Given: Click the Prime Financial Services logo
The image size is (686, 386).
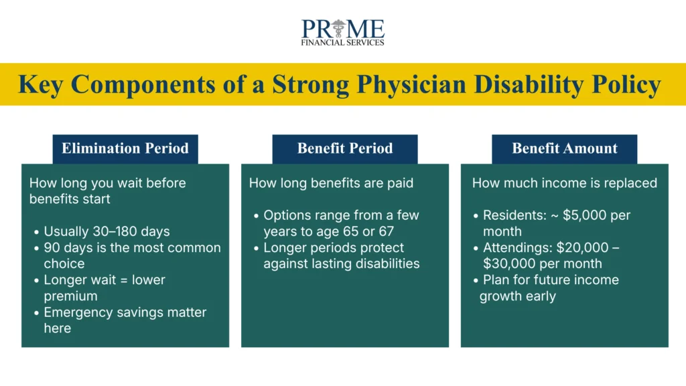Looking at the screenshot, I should [343, 32].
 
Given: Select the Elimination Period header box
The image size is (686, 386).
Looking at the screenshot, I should [125, 149].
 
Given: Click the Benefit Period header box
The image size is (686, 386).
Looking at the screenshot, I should [344, 149].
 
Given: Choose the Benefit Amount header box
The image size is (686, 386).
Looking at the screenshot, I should [564, 149].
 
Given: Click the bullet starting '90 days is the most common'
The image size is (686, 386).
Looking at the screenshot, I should [131, 255].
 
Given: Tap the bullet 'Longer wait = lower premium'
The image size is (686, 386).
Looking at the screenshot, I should [104, 287].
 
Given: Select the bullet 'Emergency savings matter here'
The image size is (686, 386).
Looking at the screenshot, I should [125, 320].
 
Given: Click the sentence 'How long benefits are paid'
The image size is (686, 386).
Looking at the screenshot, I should [331, 183].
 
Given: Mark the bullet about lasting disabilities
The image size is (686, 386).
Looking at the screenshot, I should [341, 255].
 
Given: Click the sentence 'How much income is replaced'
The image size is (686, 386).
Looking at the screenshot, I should [564, 183].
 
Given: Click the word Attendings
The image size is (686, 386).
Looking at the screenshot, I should [517, 248].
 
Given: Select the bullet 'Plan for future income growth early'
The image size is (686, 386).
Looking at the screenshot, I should [549, 287].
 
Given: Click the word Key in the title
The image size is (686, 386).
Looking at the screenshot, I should [41, 84].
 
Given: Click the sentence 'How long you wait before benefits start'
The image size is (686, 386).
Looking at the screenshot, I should [107, 190].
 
